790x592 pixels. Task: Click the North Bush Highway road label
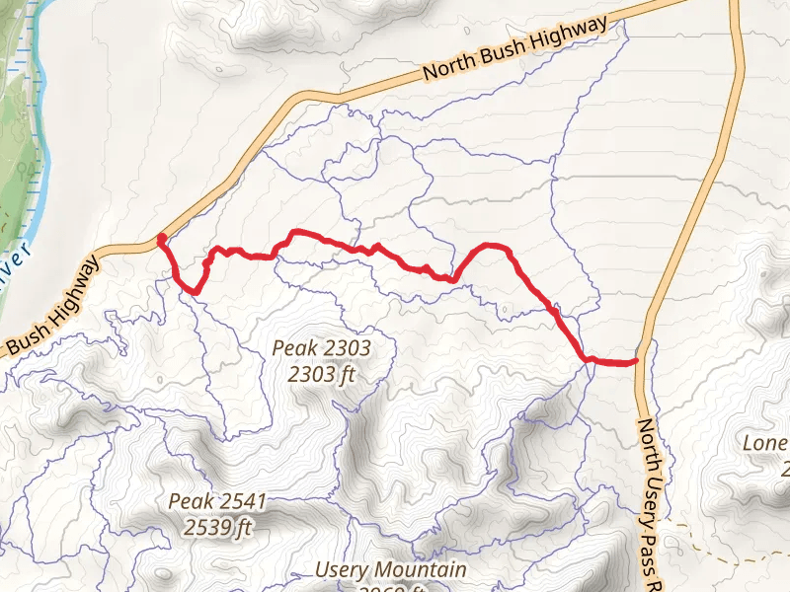pos(513,50)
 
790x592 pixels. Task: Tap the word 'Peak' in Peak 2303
pos(297,348)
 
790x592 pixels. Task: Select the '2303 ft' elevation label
pos(322,374)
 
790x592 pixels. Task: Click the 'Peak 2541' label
pos(217,501)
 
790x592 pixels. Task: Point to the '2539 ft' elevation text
pos(217,527)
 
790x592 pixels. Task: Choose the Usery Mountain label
pos(390,570)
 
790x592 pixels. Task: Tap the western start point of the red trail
pos(161,238)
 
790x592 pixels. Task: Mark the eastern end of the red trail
pos(635,362)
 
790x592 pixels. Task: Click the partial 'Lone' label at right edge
pos(765,443)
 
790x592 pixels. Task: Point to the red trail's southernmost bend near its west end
pos(195,291)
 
